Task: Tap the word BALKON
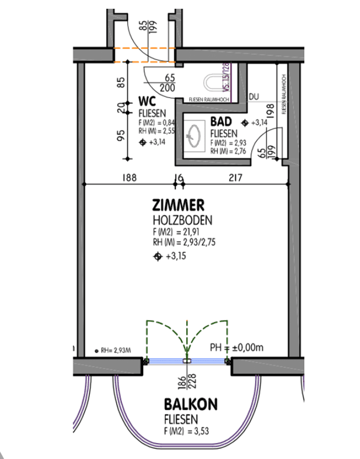click(191, 405)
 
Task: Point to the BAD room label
click(222, 122)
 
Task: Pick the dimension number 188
click(129, 177)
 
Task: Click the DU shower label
click(254, 96)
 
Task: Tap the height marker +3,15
click(172, 257)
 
